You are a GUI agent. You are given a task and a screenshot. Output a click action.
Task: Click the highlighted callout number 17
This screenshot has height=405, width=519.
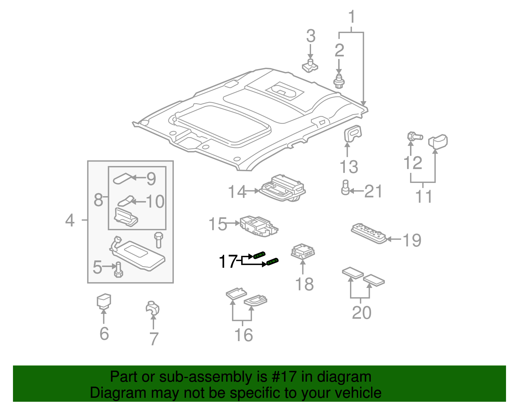point(228,261)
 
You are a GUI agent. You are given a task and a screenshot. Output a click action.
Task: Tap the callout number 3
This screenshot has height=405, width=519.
point(310,36)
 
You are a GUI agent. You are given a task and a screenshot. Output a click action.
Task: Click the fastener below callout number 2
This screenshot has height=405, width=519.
point(339,81)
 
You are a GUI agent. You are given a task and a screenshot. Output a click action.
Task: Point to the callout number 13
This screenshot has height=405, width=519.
point(349,167)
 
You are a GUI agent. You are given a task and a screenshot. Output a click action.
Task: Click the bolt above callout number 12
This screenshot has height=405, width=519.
point(414,136)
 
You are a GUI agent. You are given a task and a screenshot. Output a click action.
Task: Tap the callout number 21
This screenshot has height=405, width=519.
point(373,192)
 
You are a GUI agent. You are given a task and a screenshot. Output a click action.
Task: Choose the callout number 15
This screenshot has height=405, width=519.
point(218,224)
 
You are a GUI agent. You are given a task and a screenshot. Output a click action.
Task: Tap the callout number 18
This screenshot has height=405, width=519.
point(304,284)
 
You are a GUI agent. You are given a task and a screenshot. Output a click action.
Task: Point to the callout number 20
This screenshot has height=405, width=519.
point(361,313)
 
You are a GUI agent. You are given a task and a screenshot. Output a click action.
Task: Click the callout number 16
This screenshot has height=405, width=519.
point(243,335)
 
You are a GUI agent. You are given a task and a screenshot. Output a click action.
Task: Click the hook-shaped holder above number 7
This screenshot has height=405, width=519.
point(152,308)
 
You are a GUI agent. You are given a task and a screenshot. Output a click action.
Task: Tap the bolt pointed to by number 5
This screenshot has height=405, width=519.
point(118,269)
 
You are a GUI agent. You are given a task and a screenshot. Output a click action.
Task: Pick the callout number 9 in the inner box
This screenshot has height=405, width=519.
point(151,179)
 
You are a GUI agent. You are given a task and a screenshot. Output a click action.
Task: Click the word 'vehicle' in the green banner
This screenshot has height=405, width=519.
point(358,393)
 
